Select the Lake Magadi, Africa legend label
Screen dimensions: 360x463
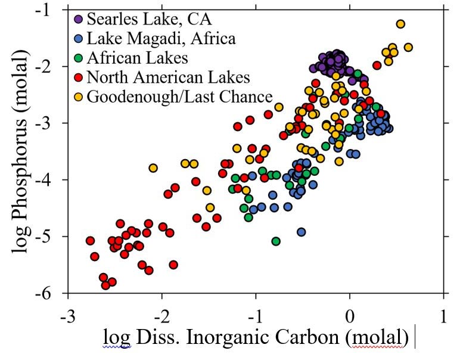click(161, 39)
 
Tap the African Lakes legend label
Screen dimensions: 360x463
click(137, 58)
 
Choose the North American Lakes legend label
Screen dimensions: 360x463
click(168, 77)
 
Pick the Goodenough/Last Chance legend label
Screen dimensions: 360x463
click(179, 96)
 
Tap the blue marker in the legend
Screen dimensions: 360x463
click(79, 39)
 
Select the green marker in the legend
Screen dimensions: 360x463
click(79, 58)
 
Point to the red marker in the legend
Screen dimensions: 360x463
click(79, 77)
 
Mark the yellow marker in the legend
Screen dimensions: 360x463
click(79, 96)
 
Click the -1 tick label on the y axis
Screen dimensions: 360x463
click(49, 10)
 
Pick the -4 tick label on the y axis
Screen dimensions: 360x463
click(49, 180)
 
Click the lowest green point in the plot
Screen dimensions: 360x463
click(276, 241)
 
